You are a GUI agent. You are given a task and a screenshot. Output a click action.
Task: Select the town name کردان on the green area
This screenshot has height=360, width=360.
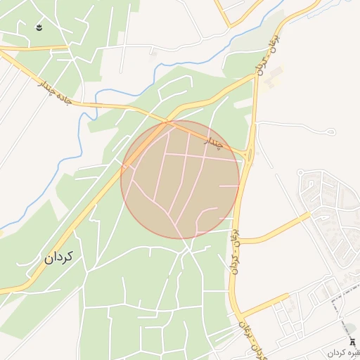59,257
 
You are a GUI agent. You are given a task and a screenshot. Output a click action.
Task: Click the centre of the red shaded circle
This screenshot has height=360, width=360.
180,179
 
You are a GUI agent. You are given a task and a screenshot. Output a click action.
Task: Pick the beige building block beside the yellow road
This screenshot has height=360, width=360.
274,76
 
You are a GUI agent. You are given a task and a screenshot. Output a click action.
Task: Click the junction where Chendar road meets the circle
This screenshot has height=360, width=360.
167,122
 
